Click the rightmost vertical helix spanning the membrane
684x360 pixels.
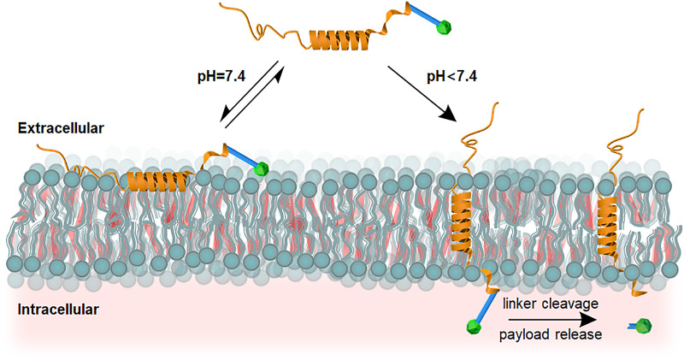point(610,220)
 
